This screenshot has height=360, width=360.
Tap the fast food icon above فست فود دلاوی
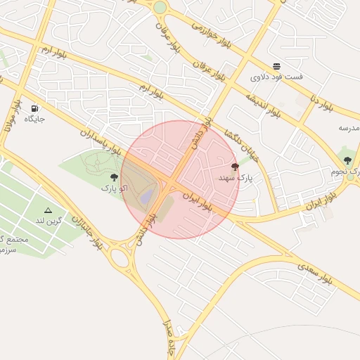277,66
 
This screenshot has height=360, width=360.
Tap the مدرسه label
349,127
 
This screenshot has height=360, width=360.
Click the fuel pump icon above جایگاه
34,109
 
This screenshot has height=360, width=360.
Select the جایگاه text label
34,119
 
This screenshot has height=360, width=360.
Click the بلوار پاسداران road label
102,141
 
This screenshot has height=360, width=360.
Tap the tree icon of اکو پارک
114,178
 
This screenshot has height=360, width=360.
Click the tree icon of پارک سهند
235,167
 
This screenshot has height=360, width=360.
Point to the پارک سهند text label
235,178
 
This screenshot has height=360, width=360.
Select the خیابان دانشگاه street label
241,145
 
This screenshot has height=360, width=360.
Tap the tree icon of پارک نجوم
347,161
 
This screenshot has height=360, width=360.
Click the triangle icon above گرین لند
48,210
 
